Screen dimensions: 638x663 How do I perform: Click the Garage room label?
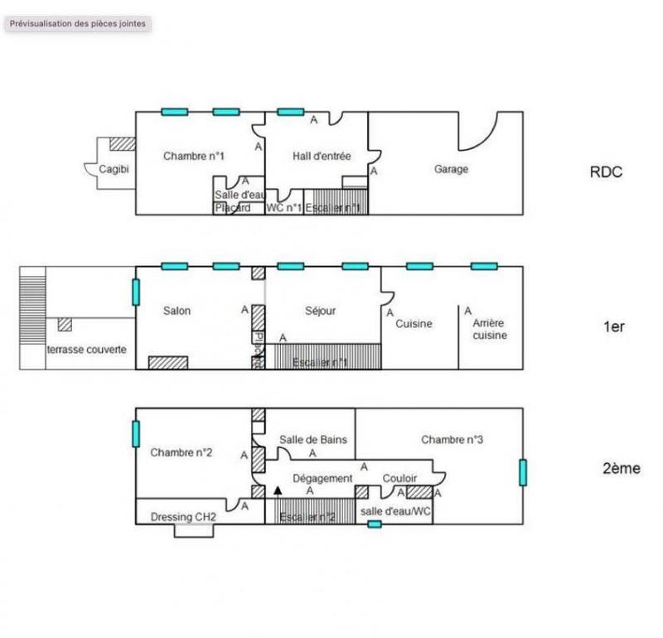click(451, 169)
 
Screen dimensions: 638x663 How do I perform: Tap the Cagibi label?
click(114, 170)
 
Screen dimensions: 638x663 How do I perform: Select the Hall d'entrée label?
click(322, 156)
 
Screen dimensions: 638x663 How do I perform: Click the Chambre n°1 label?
click(194, 156)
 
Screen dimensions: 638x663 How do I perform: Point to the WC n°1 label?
click(283, 208)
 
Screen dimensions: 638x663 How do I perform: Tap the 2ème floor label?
click(621, 468)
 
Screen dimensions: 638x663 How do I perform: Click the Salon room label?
click(177, 311)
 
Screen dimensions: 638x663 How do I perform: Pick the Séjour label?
click(321, 311)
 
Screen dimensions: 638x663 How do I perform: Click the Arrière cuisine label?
click(490, 329)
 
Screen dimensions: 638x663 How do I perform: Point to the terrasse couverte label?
click(87, 350)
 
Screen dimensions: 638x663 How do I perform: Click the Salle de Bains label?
click(313, 440)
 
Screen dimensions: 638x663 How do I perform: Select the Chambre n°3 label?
click(452, 440)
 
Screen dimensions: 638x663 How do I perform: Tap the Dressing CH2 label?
click(183, 516)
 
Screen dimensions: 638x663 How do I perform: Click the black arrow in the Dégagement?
click(278, 491)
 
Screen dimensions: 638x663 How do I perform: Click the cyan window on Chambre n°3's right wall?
click(523, 471)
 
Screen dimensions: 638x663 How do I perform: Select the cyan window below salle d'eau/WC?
click(375, 524)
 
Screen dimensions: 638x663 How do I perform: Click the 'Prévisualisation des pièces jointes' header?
click(78, 24)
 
